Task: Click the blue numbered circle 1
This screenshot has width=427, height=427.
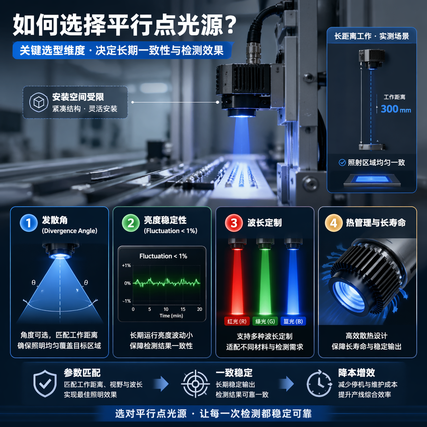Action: [x=29, y=223]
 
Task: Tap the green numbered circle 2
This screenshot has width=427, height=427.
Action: [x=131, y=223]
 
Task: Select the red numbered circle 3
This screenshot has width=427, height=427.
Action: [x=234, y=223]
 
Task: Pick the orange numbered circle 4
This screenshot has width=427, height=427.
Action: [x=334, y=223]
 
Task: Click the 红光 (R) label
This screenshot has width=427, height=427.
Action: [x=237, y=321]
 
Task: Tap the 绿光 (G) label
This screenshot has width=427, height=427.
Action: [x=265, y=321]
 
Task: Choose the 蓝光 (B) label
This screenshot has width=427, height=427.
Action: [x=293, y=321]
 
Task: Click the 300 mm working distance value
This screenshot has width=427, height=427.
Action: [x=395, y=109]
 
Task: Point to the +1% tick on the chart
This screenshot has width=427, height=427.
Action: [x=126, y=265]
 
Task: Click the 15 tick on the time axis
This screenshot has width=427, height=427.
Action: [x=183, y=309]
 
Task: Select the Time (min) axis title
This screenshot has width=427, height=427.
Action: [x=171, y=316]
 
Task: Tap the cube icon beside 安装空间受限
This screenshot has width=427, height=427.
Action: [x=38, y=102]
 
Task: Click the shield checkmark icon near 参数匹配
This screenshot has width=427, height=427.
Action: [x=45, y=384]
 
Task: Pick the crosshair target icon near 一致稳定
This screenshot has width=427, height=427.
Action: [x=195, y=384]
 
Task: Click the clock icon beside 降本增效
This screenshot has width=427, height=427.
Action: [x=319, y=383]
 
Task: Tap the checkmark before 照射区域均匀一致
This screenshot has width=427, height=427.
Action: [x=342, y=162]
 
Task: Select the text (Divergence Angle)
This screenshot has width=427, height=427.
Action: [x=69, y=231]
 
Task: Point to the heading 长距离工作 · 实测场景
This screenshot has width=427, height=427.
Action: [x=371, y=36]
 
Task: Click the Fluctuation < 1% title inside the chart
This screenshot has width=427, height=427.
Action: [x=163, y=256]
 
